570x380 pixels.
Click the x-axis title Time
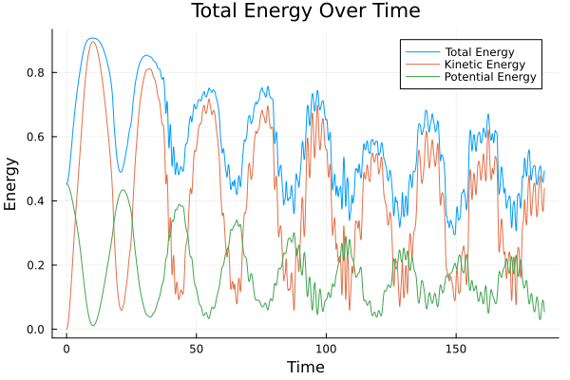tap(306, 367)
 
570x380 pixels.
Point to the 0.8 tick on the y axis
tap(40, 73)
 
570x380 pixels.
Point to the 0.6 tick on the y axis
tap(40, 137)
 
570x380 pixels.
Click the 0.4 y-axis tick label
tap(40, 201)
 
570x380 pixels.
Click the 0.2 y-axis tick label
tap(40, 265)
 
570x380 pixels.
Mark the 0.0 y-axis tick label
tap(40, 330)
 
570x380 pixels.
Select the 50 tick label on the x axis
tap(196, 348)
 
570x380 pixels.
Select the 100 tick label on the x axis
tap(326, 348)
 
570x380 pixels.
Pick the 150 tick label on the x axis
tap(455, 348)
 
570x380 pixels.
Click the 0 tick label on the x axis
tap(66, 348)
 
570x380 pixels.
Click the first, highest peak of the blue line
tap(91, 38)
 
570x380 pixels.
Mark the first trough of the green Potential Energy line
tap(93, 326)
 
